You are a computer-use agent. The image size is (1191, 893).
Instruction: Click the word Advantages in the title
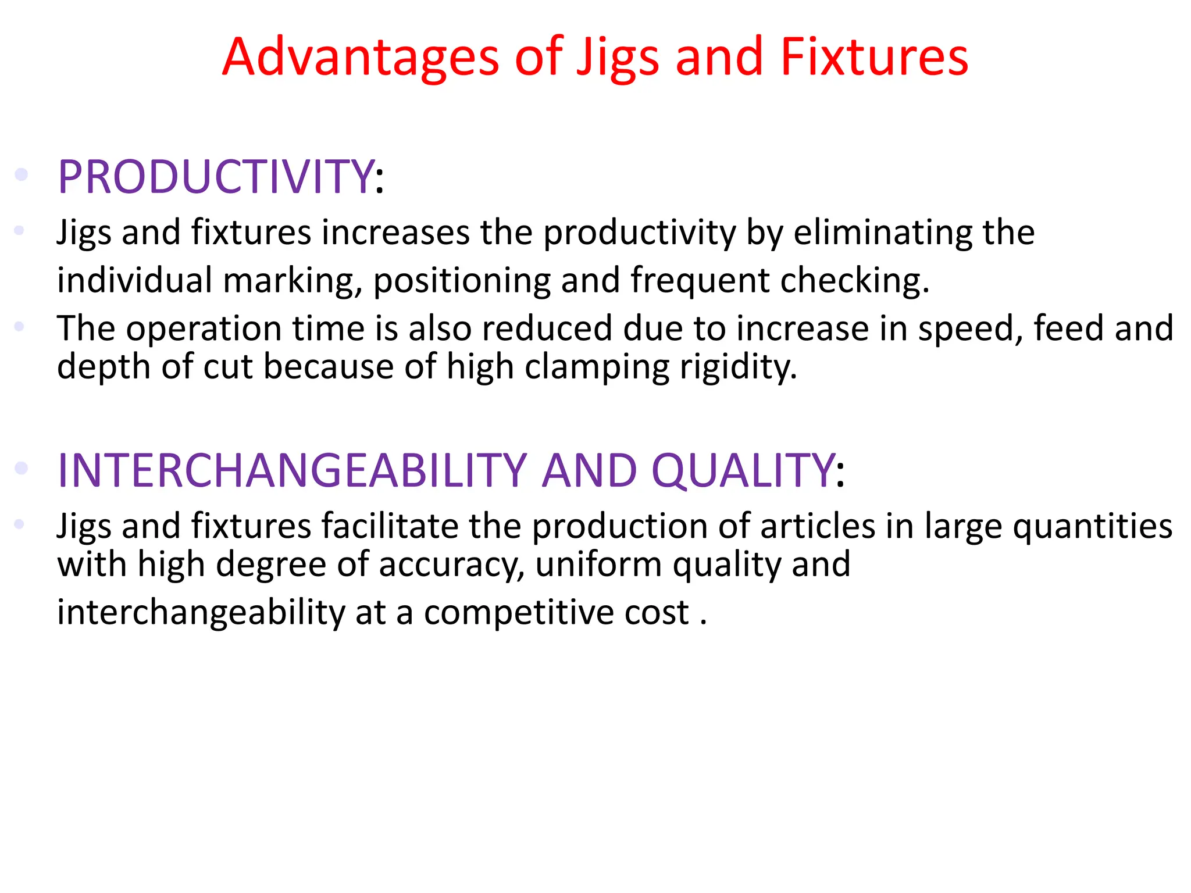[361, 57]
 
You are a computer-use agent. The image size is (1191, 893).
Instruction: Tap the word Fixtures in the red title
[874, 57]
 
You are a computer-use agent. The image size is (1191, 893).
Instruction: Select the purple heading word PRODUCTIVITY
[216, 177]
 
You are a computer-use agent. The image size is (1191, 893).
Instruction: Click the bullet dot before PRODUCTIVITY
[22, 174]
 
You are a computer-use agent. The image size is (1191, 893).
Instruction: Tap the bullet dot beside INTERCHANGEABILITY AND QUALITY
[22, 467]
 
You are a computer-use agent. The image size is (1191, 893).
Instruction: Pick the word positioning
[462, 281]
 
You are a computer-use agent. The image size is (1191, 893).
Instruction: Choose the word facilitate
[390, 527]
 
